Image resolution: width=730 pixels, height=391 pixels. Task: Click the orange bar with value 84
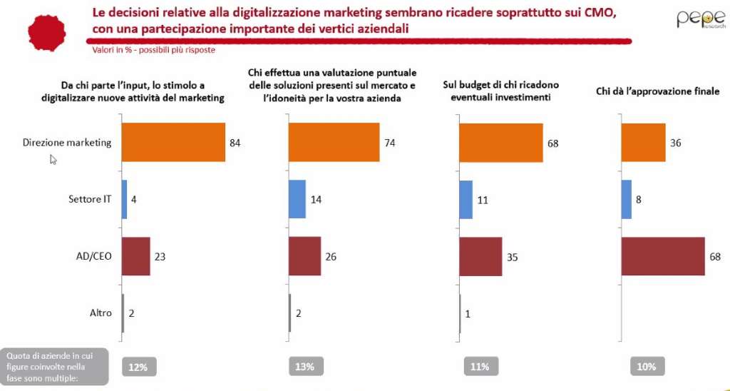click(x=173, y=142)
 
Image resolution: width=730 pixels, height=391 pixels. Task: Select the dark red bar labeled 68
click(x=663, y=256)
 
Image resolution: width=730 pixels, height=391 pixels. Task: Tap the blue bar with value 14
click(x=297, y=199)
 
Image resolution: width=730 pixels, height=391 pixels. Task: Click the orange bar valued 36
click(x=644, y=142)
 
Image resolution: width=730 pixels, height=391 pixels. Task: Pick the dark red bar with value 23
click(x=136, y=256)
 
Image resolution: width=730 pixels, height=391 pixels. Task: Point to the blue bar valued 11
click(x=466, y=199)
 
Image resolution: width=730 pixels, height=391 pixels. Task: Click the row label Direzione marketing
click(x=66, y=142)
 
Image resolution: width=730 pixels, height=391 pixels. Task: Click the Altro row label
click(x=100, y=313)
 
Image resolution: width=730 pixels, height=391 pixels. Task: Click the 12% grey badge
click(x=138, y=367)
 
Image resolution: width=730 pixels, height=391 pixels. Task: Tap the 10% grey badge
click(x=647, y=367)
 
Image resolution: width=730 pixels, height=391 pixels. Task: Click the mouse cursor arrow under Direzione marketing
click(x=53, y=160)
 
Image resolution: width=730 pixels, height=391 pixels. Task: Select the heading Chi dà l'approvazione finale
click(x=657, y=91)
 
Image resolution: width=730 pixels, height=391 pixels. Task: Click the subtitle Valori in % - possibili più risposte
click(x=153, y=50)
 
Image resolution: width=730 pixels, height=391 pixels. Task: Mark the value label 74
click(x=391, y=143)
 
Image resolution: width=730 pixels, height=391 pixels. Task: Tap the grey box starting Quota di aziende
click(x=54, y=366)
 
